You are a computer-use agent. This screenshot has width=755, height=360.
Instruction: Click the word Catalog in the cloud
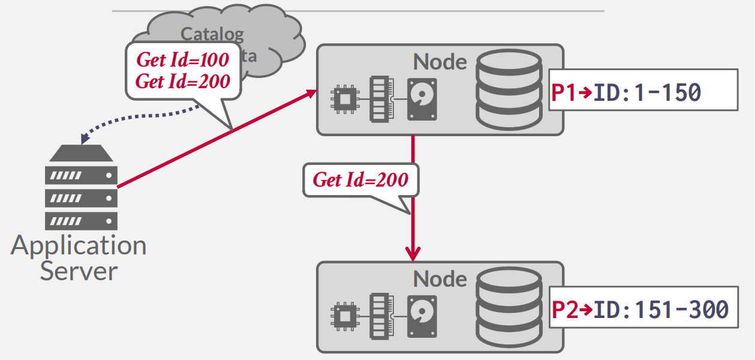[212, 34]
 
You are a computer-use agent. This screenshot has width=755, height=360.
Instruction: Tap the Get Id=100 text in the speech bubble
[182, 60]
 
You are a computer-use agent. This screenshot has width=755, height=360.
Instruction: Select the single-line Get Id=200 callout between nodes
[360, 179]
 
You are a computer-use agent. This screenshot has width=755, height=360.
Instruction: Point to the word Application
[79, 245]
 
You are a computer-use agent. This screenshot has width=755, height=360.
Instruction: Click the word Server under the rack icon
[79, 271]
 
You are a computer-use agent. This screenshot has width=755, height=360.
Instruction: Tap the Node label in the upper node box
[440, 62]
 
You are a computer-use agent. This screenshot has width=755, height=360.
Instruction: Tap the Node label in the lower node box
[440, 279]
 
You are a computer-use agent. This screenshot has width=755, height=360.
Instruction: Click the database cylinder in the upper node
[508, 90]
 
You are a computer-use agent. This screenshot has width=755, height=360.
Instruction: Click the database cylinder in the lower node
[508, 307]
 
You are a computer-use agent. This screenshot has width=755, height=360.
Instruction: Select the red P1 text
[564, 92]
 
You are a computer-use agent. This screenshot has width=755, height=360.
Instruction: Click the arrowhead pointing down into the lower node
[413, 252]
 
